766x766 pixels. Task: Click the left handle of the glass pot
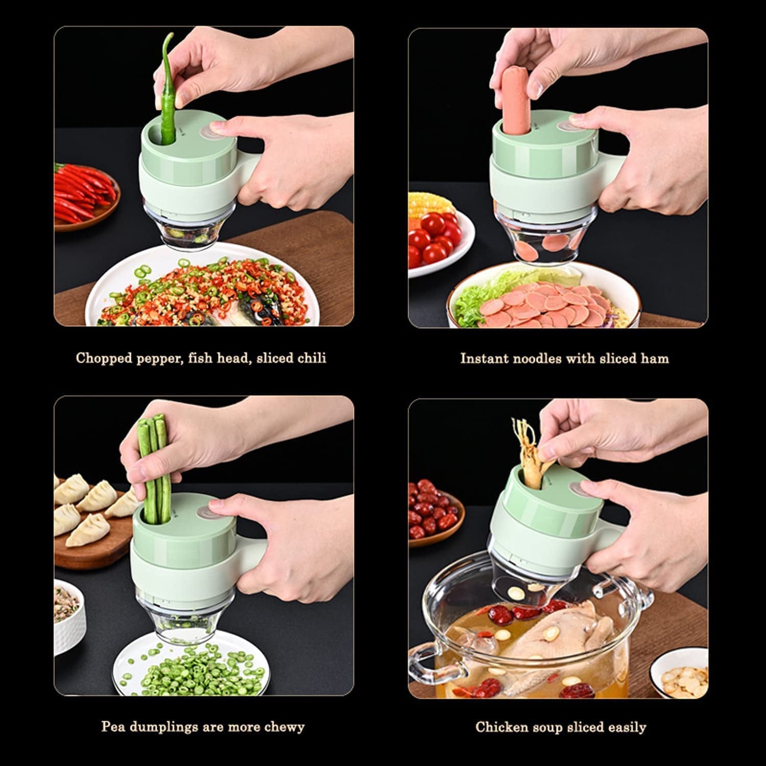tap(426, 664)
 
